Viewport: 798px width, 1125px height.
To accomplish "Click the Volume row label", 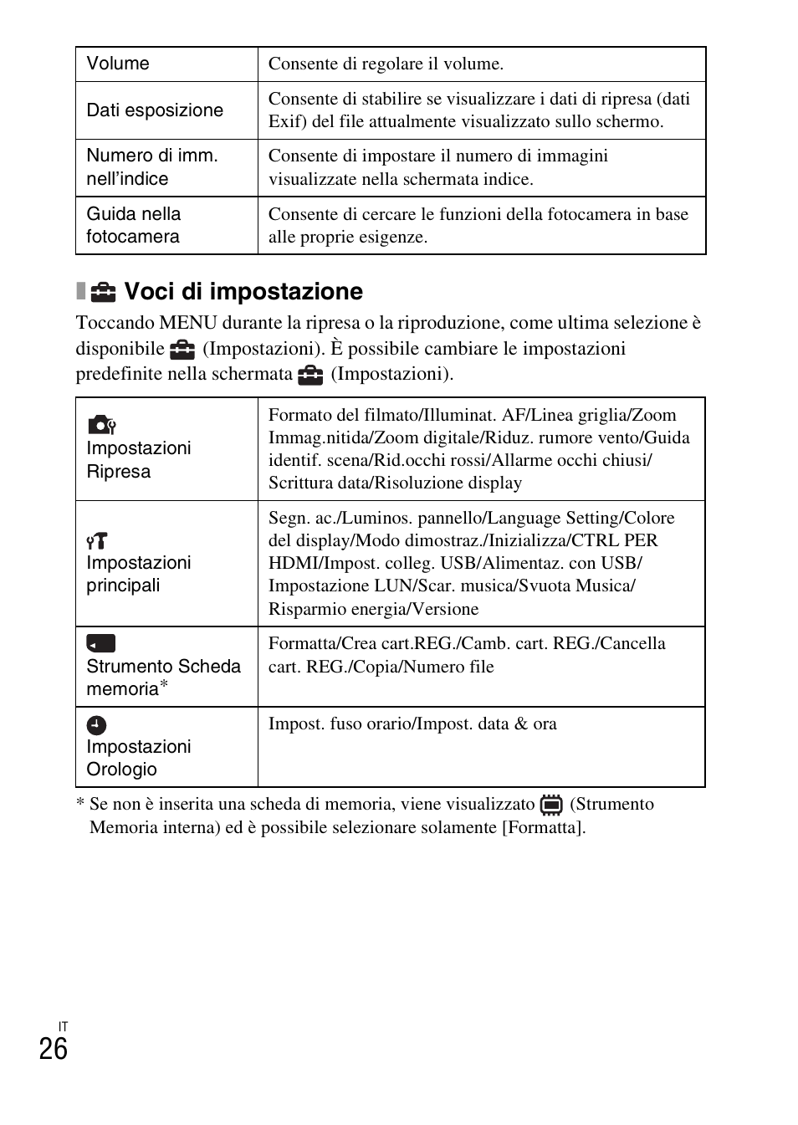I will coord(118,64).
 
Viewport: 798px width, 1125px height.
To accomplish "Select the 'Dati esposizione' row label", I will coord(155,110).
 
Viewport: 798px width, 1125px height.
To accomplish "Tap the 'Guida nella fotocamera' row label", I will coord(133,225).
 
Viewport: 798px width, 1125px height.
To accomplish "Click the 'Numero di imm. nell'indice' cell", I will coord(151,167).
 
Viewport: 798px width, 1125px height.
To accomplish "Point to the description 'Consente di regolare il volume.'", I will coord(386,64).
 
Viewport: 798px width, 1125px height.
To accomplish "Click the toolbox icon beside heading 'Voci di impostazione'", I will coord(103,291).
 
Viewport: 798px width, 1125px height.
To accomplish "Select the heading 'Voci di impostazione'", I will coord(243,291).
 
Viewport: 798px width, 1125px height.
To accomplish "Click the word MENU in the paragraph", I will coord(187,323).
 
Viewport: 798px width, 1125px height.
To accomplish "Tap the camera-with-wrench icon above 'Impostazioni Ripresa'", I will coord(101,425).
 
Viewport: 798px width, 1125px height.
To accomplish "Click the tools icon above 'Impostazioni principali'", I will coord(97,540).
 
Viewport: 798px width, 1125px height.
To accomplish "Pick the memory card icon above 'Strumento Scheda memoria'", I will coord(100,643).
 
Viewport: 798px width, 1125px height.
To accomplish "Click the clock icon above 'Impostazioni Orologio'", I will coord(97,725).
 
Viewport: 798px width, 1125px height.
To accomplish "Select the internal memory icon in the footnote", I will coord(551,805).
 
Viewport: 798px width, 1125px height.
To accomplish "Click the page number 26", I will coord(53,1049).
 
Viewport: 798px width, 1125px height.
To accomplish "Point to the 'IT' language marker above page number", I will coord(63,1026).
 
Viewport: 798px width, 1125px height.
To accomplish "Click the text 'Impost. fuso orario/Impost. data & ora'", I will coord(412,724).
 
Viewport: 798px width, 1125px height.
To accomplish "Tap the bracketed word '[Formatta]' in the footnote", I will coord(543,827).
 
